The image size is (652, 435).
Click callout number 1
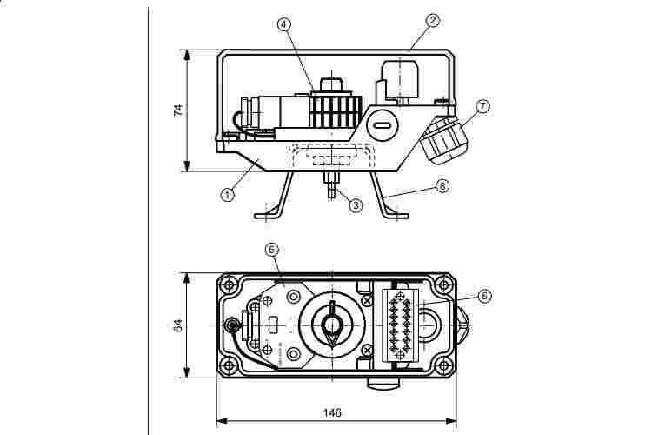click(228, 195)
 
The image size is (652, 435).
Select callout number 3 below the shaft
click(355, 205)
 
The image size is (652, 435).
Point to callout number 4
click(284, 23)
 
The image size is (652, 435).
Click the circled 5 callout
click(272, 249)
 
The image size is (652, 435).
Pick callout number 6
click(484, 295)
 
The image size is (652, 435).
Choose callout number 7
click(483, 106)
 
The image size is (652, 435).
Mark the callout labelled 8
click(443, 185)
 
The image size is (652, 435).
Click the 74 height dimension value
click(177, 110)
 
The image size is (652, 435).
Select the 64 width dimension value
click(177, 326)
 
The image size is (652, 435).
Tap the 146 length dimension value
click(332, 412)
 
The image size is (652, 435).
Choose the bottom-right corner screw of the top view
click(444, 365)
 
